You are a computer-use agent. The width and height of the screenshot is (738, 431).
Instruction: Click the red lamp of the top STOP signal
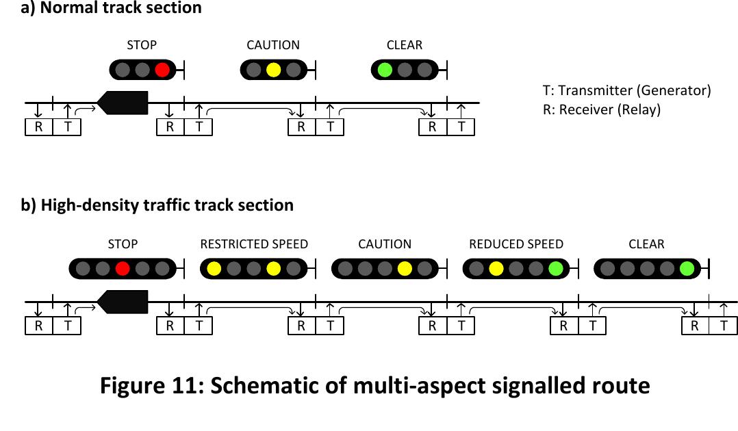point(162,69)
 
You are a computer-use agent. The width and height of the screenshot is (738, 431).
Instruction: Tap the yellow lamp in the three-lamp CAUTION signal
point(273,69)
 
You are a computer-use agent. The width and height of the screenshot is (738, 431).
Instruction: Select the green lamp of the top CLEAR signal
point(385,69)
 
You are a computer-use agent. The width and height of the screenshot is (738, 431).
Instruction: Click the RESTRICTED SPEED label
point(254,244)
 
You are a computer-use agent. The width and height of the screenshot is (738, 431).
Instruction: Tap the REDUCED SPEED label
point(516,244)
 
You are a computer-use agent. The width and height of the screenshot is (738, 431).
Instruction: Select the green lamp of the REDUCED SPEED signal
point(555,269)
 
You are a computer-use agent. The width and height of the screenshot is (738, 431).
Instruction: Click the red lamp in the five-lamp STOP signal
point(123,269)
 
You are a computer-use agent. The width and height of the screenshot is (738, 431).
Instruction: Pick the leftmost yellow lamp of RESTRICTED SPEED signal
point(214,269)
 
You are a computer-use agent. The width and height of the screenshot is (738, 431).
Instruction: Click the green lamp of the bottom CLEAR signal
point(687,269)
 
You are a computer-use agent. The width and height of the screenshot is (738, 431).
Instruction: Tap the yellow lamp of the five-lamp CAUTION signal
point(405,269)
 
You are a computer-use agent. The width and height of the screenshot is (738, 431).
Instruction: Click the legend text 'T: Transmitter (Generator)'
point(626,90)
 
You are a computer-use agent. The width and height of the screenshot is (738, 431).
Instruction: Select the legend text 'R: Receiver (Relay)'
point(602,109)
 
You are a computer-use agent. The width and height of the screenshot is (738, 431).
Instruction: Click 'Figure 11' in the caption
point(150,386)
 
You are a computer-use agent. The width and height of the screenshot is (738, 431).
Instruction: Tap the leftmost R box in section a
point(39,127)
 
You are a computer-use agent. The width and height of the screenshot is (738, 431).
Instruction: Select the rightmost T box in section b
point(724,326)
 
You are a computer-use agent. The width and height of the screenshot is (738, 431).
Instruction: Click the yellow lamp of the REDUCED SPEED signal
point(496,269)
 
